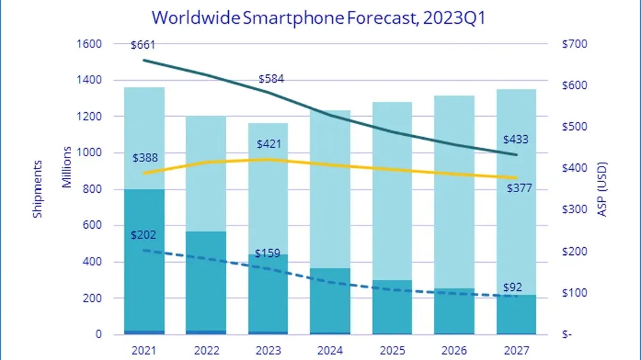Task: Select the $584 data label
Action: (271, 79)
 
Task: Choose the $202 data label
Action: (144, 235)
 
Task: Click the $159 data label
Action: (267, 253)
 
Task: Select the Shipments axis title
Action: (38, 189)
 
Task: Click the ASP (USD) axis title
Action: (602, 189)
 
